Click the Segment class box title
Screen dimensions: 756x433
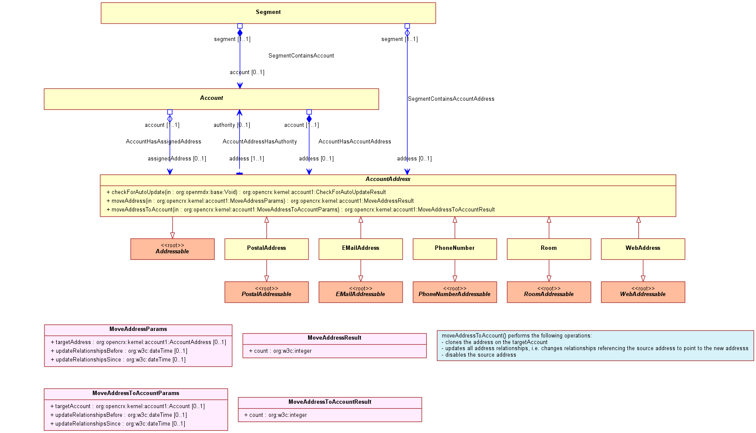[x=268, y=12]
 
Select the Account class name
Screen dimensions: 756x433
[x=211, y=98]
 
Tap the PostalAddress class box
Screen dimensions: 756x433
[x=267, y=249]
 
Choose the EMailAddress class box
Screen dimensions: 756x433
[x=361, y=249]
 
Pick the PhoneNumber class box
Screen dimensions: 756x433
[x=455, y=249]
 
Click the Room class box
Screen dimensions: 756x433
[x=549, y=249]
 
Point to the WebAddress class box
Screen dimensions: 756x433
[x=643, y=249]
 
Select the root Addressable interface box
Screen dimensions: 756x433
[x=173, y=249]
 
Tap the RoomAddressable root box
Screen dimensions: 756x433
[x=549, y=292]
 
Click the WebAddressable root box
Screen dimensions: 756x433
[x=643, y=292]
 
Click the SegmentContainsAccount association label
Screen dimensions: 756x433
[x=301, y=56]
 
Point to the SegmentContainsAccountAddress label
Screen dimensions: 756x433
[x=451, y=99]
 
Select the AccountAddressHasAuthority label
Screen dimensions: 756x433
[x=260, y=142]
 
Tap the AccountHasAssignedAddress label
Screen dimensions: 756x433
[x=163, y=142]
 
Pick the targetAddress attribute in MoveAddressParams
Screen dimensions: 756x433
[x=139, y=342]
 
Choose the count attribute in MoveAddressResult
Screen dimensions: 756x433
[x=280, y=351]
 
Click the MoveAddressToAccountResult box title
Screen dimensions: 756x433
[x=330, y=402]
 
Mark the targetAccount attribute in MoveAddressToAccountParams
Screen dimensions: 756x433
[x=128, y=406]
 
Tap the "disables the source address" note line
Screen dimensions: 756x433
[x=479, y=355]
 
